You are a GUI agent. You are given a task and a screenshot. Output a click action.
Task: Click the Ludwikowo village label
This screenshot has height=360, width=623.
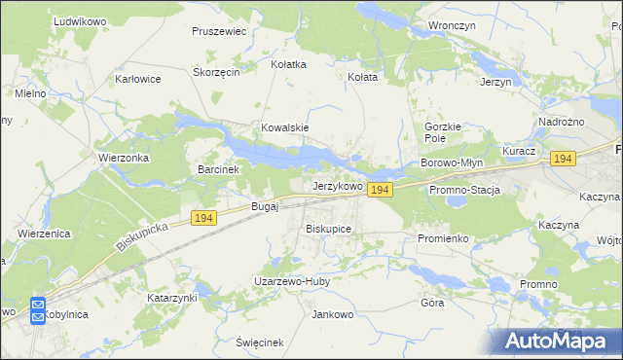pos(53,20)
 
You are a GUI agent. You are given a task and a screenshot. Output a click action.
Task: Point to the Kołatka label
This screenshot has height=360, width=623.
pos(288,64)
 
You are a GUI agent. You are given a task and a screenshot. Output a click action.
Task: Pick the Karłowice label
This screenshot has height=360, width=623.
pos(137,79)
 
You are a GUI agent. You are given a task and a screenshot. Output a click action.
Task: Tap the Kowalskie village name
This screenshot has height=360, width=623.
pos(284,127)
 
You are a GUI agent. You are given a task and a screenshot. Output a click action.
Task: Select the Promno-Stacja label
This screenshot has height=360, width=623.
pos(464,190)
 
